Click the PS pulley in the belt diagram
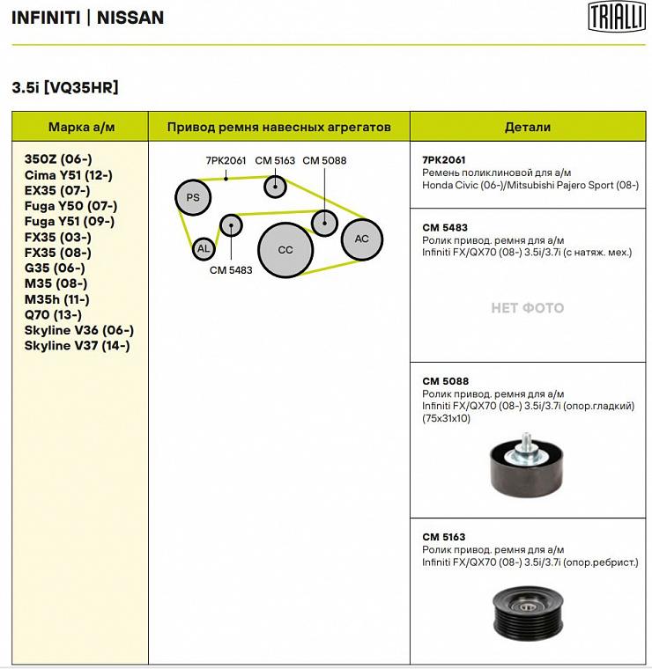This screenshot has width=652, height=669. (193, 197)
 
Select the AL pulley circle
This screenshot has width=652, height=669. (204, 249)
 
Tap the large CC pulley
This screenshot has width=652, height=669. (285, 250)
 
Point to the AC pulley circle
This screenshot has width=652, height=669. (361, 239)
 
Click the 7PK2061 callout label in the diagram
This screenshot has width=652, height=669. (226, 160)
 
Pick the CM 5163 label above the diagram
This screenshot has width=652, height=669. (275, 160)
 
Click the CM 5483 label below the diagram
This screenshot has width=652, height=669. (231, 270)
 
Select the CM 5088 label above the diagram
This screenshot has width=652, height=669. (324, 160)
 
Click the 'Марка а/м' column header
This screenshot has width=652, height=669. (81, 127)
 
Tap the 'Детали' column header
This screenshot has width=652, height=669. (528, 127)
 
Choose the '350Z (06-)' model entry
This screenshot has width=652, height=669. (58, 159)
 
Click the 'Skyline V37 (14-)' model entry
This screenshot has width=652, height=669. (78, 346)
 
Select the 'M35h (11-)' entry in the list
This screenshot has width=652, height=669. (57, 299)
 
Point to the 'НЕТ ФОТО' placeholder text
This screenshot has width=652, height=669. (527, 308)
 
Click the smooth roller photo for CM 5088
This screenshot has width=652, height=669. (526, 462)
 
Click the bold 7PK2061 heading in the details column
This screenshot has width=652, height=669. (444, 159)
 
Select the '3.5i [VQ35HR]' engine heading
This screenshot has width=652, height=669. (65, 87)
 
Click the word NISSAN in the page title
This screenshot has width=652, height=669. (130, 18)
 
